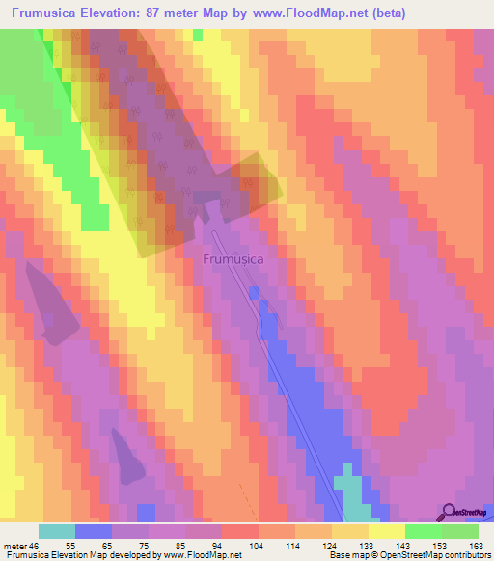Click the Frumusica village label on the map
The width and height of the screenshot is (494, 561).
233,258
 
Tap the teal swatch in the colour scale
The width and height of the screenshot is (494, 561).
57,531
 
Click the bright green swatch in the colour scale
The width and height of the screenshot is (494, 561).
423,531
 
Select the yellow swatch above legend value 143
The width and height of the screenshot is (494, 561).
386,531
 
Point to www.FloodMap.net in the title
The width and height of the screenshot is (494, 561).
299,13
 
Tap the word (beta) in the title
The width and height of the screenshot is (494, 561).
383,13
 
